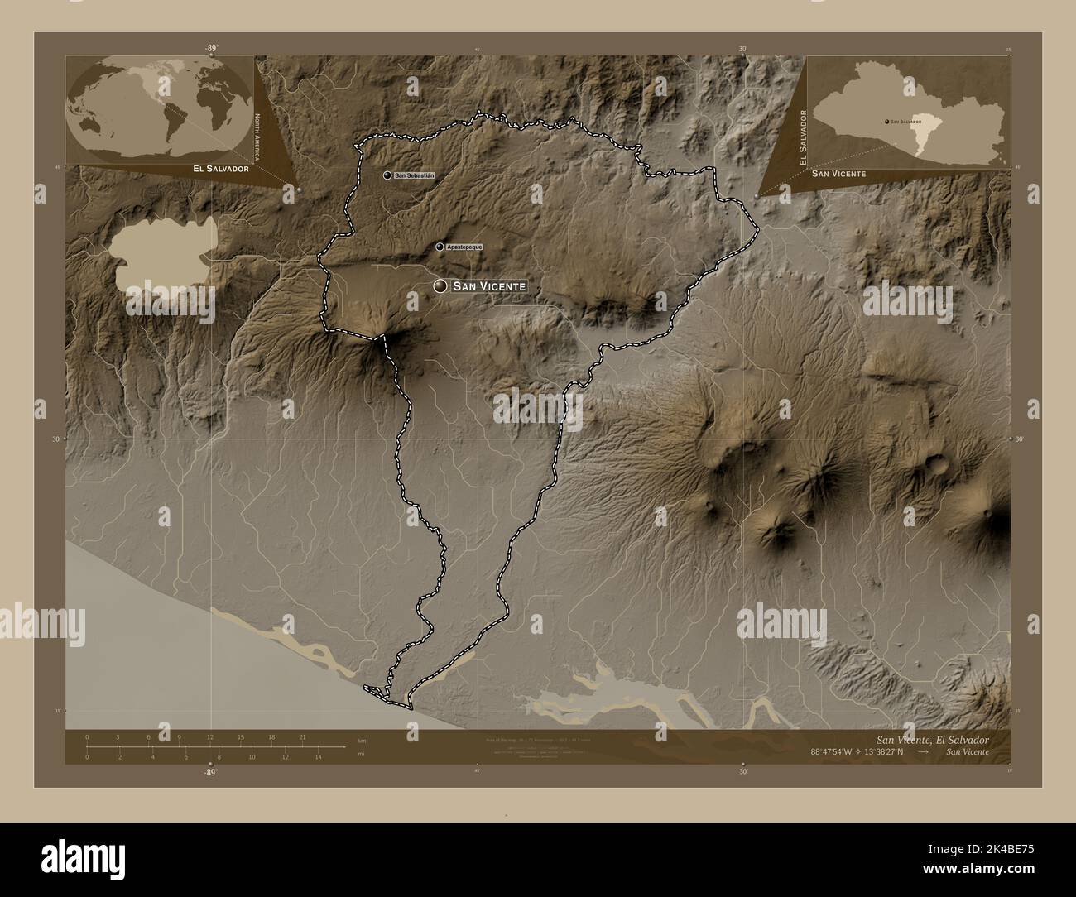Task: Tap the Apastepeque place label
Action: (x=464, y=247)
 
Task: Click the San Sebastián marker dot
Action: (x=387, y=175)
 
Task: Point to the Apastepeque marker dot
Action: (x=440, y=247)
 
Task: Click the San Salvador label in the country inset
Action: (x=907, y=122)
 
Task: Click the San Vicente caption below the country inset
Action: (x=838, y=174)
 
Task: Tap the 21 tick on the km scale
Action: (x=304, y=737)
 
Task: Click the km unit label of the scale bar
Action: (x=361, y=739)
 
